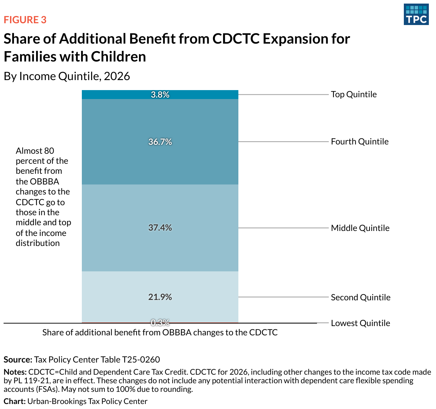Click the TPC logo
[416, 15]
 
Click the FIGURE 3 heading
[25, 20]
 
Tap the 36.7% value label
[160, 142]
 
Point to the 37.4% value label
[160, 228]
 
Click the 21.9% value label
[160, 297]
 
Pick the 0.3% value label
[160, 322]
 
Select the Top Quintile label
[353, 94]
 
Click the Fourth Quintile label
[360, 142]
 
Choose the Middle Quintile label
[360, 228]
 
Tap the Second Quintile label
[360, 297]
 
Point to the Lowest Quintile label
[360, 323]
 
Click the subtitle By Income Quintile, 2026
[67, 76]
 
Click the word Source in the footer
[18, 360]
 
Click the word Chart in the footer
[14, 401]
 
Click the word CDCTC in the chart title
[236, 39]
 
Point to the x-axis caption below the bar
[160, 332]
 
